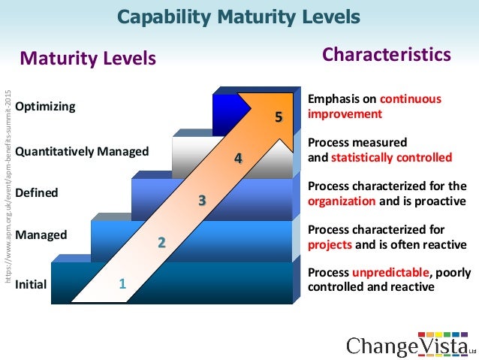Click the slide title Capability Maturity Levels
pyautogui.click(x=239, y=17)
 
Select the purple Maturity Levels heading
pyautogui.click(x=88, y=58)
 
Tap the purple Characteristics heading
pyautogui.click(x=387, y=55)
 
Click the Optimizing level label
pyautogui.click(x=45, y=106)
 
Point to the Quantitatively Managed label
pyautogui.click(x=82, y=151)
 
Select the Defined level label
pyautogui.click(x=37, y=193)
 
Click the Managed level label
pyautogui.click(x=41, y=234)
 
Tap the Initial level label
pyautogui.click(x=31, y=284)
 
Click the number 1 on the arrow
pyautogui.click(x=122, y=284)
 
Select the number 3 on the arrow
pyautogui.click(x=201, y=201)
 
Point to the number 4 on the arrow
pyautogui.click(x=238, y=159)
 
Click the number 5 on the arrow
pyautogui.click(x=279, y=117)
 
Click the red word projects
pyautogui.click(x=330, y=244)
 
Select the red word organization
pyautogui.click(x=342, y=201)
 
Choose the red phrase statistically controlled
pyautogui.click(x=391, y=158)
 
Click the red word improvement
pyautogui.click(x=345, y=114)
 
